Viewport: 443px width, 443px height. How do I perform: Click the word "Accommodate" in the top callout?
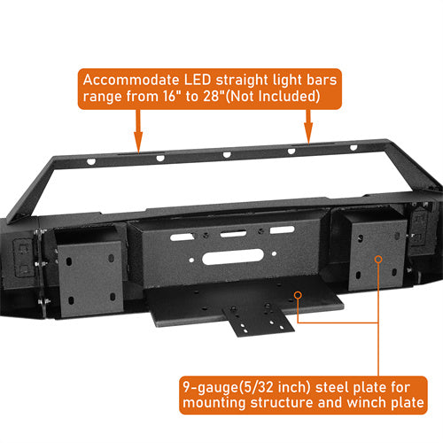(131, 80)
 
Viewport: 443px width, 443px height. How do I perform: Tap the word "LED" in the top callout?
(198, 80)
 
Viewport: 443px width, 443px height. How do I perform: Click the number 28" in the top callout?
(214, 97)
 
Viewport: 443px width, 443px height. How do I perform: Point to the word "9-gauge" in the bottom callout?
(211, 388)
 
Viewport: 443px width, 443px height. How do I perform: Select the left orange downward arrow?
(138, 131)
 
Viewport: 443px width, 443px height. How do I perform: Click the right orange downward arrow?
(308, 127)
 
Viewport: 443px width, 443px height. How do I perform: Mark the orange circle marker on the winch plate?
(299, 295)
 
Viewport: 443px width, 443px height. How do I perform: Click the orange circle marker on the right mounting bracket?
(378, 260)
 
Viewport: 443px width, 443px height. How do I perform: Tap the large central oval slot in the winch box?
(233, 256)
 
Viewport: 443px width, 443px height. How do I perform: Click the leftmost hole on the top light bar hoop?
(91, 161)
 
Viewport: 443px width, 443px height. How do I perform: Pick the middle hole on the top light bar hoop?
(227, 154)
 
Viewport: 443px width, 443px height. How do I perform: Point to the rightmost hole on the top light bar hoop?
(354, 147)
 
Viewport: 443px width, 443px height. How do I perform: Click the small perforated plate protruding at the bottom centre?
(258, 321)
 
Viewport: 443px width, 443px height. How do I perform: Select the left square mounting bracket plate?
(89, 278)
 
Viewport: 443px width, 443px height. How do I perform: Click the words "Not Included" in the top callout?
(274, 97)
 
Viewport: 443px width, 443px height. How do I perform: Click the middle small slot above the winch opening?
(233, 234)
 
